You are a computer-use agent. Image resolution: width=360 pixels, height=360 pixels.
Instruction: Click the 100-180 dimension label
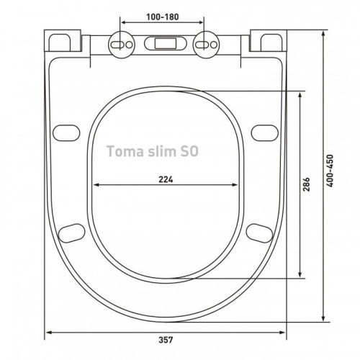click(163, 17)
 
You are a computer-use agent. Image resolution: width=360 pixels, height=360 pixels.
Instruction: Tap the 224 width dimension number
click(166, 179)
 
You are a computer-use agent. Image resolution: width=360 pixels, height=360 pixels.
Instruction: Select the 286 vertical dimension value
click(306, 184)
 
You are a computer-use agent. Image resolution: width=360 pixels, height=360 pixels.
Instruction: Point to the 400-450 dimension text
click(330, 171)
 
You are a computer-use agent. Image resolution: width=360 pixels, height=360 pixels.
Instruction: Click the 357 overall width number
click(166, 340)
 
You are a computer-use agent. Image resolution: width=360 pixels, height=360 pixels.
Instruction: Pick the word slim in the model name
click(159, 151)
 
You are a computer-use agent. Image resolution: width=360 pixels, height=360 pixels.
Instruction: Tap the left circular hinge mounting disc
click(122, 45)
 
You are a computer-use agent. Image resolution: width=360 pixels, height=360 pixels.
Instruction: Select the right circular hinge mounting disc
click(206, 45)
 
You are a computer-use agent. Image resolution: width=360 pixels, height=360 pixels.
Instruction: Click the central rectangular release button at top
click(166, 44)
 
